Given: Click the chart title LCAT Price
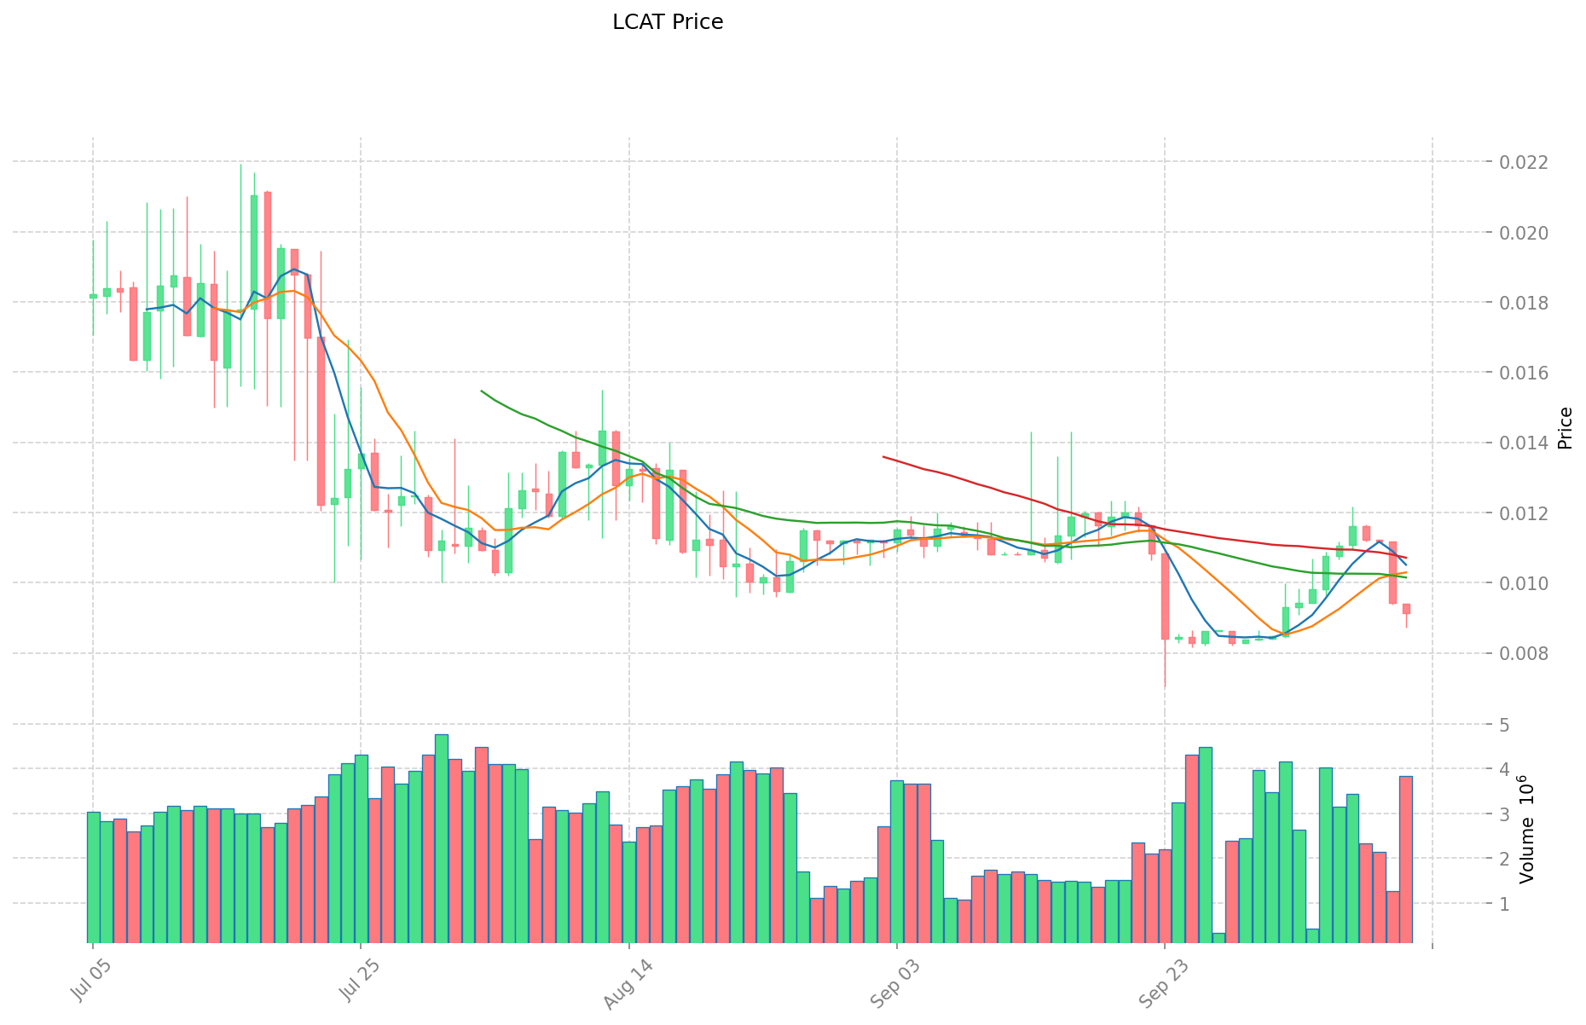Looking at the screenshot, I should pyautogui.click(x=668, y=22).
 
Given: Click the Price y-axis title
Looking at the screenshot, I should pyautogui.click(x=1565, y=428).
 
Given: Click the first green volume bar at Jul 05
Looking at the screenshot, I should pyautogui.click(x=93, y=876).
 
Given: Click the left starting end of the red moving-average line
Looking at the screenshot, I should pyautogui.click(x=883, y=457).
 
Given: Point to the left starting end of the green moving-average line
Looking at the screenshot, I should pyautogui.click(x=482, y=391).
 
